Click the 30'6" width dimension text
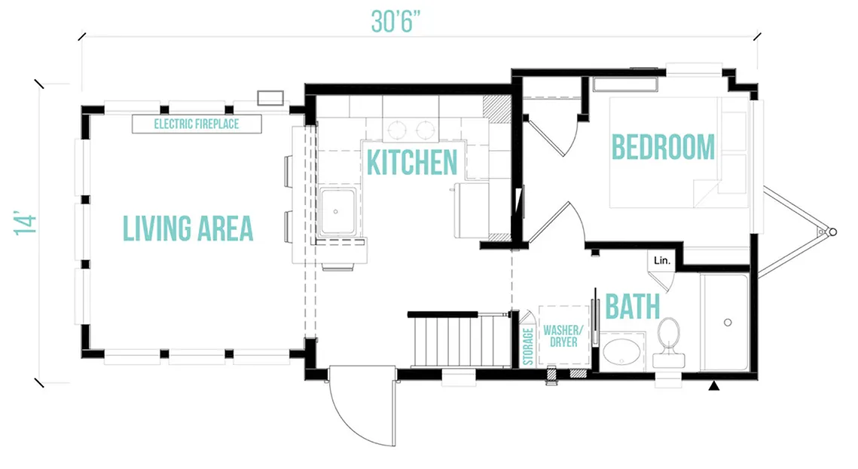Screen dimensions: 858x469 pyautogui.click(x=395, y=21)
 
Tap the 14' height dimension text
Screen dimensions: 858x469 pyautogui.click(x=26, y=222)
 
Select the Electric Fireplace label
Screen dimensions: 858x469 pyautogui.click(x=197, y=124)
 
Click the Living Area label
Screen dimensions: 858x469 pyautogui.click(x=188, y=228)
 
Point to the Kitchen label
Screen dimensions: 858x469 pyautogui.click(x=412, y=162)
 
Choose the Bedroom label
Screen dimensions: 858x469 pyautogui.click(x=663, y=147)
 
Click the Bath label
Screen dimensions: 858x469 pyautogui.click(x=633, y=307)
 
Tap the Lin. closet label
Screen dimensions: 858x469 pyautogui.click(x=661, y=261)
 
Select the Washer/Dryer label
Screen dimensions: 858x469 pyautogui.click(x=563, y=336)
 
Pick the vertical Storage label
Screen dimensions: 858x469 pyautogui.click(x=528, y=346)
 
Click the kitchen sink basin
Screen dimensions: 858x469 pyautogui.click(x=337, y=211)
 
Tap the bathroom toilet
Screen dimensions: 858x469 pyautogui.click(x=669, y=342)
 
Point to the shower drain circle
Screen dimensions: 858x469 pyautogui.click(x=728, y=322)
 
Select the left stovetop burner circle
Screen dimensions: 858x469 pyautogui.click(x=397, y=131)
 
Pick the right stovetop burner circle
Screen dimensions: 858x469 pyautogui.click(x=425, y=131)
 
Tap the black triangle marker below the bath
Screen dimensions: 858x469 pyautogui.click(x=713, y=386)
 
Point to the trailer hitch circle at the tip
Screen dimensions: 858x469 pyautogui.click(x=833, y=232)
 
